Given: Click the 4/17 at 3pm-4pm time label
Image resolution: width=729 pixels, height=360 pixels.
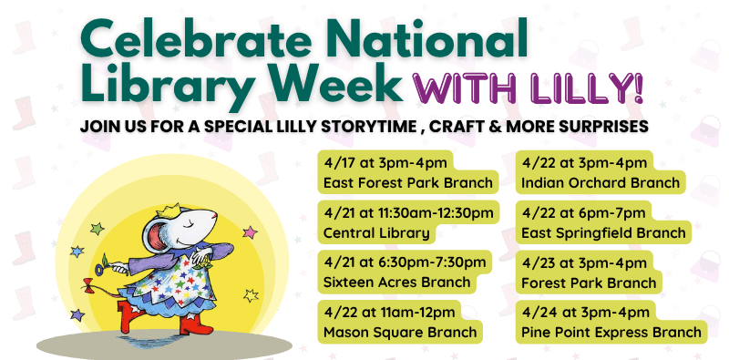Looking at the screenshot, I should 370,163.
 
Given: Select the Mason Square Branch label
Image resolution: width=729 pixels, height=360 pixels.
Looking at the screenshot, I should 400,332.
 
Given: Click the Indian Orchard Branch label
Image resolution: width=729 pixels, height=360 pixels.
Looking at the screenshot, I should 601,182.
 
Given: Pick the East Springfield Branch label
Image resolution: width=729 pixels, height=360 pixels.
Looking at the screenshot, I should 603,232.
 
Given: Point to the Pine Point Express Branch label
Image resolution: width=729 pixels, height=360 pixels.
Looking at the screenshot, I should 611,332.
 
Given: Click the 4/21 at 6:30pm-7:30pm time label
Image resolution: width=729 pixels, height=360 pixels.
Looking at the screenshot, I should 405,262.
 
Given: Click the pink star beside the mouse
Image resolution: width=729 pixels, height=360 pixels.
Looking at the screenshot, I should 251,232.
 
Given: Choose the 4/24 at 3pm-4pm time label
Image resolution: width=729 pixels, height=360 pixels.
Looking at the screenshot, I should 585,313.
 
